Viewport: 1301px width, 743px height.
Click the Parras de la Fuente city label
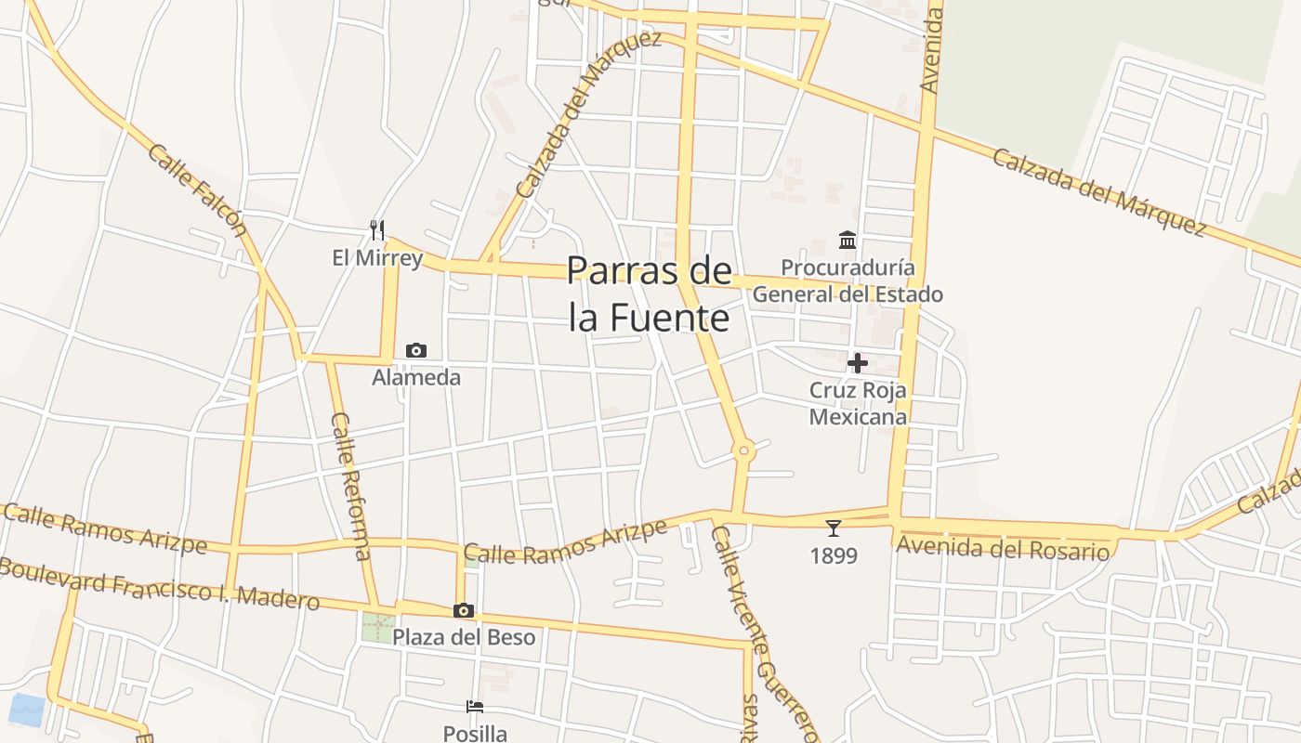click(649, 293)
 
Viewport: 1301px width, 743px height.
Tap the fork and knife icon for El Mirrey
click(377, 229)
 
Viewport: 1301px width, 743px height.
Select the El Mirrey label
click(377, 258)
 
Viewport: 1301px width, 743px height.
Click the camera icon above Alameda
click(416, 350)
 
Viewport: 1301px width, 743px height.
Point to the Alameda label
click(416, 378)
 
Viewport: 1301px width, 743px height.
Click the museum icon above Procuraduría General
click(848, 241)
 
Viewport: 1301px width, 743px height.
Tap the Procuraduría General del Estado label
click(848, 281)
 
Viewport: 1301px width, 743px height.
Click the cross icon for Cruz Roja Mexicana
click(858, 362)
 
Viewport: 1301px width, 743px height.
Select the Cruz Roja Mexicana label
click(858, 403)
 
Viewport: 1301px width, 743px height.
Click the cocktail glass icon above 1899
click(833, 528)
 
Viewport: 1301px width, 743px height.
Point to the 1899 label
click(833, 556)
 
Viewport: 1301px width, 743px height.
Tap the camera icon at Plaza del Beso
click(464, 610)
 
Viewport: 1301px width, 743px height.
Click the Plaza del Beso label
click(464, 637)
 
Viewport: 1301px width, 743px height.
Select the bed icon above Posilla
click(475, 706)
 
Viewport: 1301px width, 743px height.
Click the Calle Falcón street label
click(197, 191)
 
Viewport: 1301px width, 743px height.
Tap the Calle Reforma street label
click(350, 486)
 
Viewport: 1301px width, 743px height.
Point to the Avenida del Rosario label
click(1003, 548)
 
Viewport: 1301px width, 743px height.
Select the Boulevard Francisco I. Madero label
click(160, 582)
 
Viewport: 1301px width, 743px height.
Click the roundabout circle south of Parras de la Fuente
click(742, 451)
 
